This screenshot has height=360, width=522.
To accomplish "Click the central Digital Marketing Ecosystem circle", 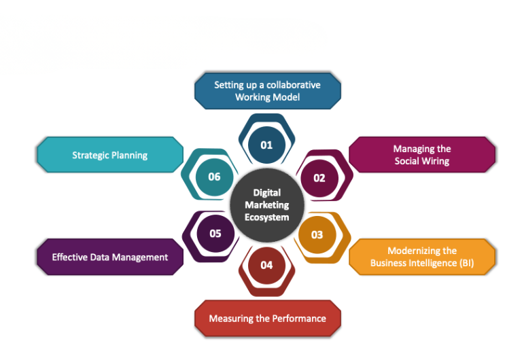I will click(x=266, y=204).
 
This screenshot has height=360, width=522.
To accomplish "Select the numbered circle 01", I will click(x=266, y=144).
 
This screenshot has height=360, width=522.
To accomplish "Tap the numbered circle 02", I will click(x=319, y=177).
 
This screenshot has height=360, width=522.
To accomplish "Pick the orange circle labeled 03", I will click(x=317, y=234).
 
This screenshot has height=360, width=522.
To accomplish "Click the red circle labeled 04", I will click(x=266, y=265).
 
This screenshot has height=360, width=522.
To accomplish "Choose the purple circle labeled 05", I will click(x=215, y=233).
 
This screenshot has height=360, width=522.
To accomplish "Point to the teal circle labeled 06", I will click(x=215, y=177).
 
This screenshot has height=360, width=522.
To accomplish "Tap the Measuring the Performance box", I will click(x=267, y=318).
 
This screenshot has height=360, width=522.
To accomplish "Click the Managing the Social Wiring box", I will click(x=422, y=155).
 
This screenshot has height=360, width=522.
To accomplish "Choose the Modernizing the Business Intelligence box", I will click(x=422, y=257).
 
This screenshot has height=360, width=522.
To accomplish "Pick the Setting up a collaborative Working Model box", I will click(x=267, y=91).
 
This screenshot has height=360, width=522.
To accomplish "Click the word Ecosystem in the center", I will click(x=267, y=217).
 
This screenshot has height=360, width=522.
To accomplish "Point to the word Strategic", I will click(x=92, y=155).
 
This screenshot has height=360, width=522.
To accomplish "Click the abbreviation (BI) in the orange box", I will click(x=466, y=263).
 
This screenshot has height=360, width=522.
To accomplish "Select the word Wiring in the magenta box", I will click(x=436, y=161).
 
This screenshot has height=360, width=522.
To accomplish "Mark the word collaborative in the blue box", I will click(x=293, y=85).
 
